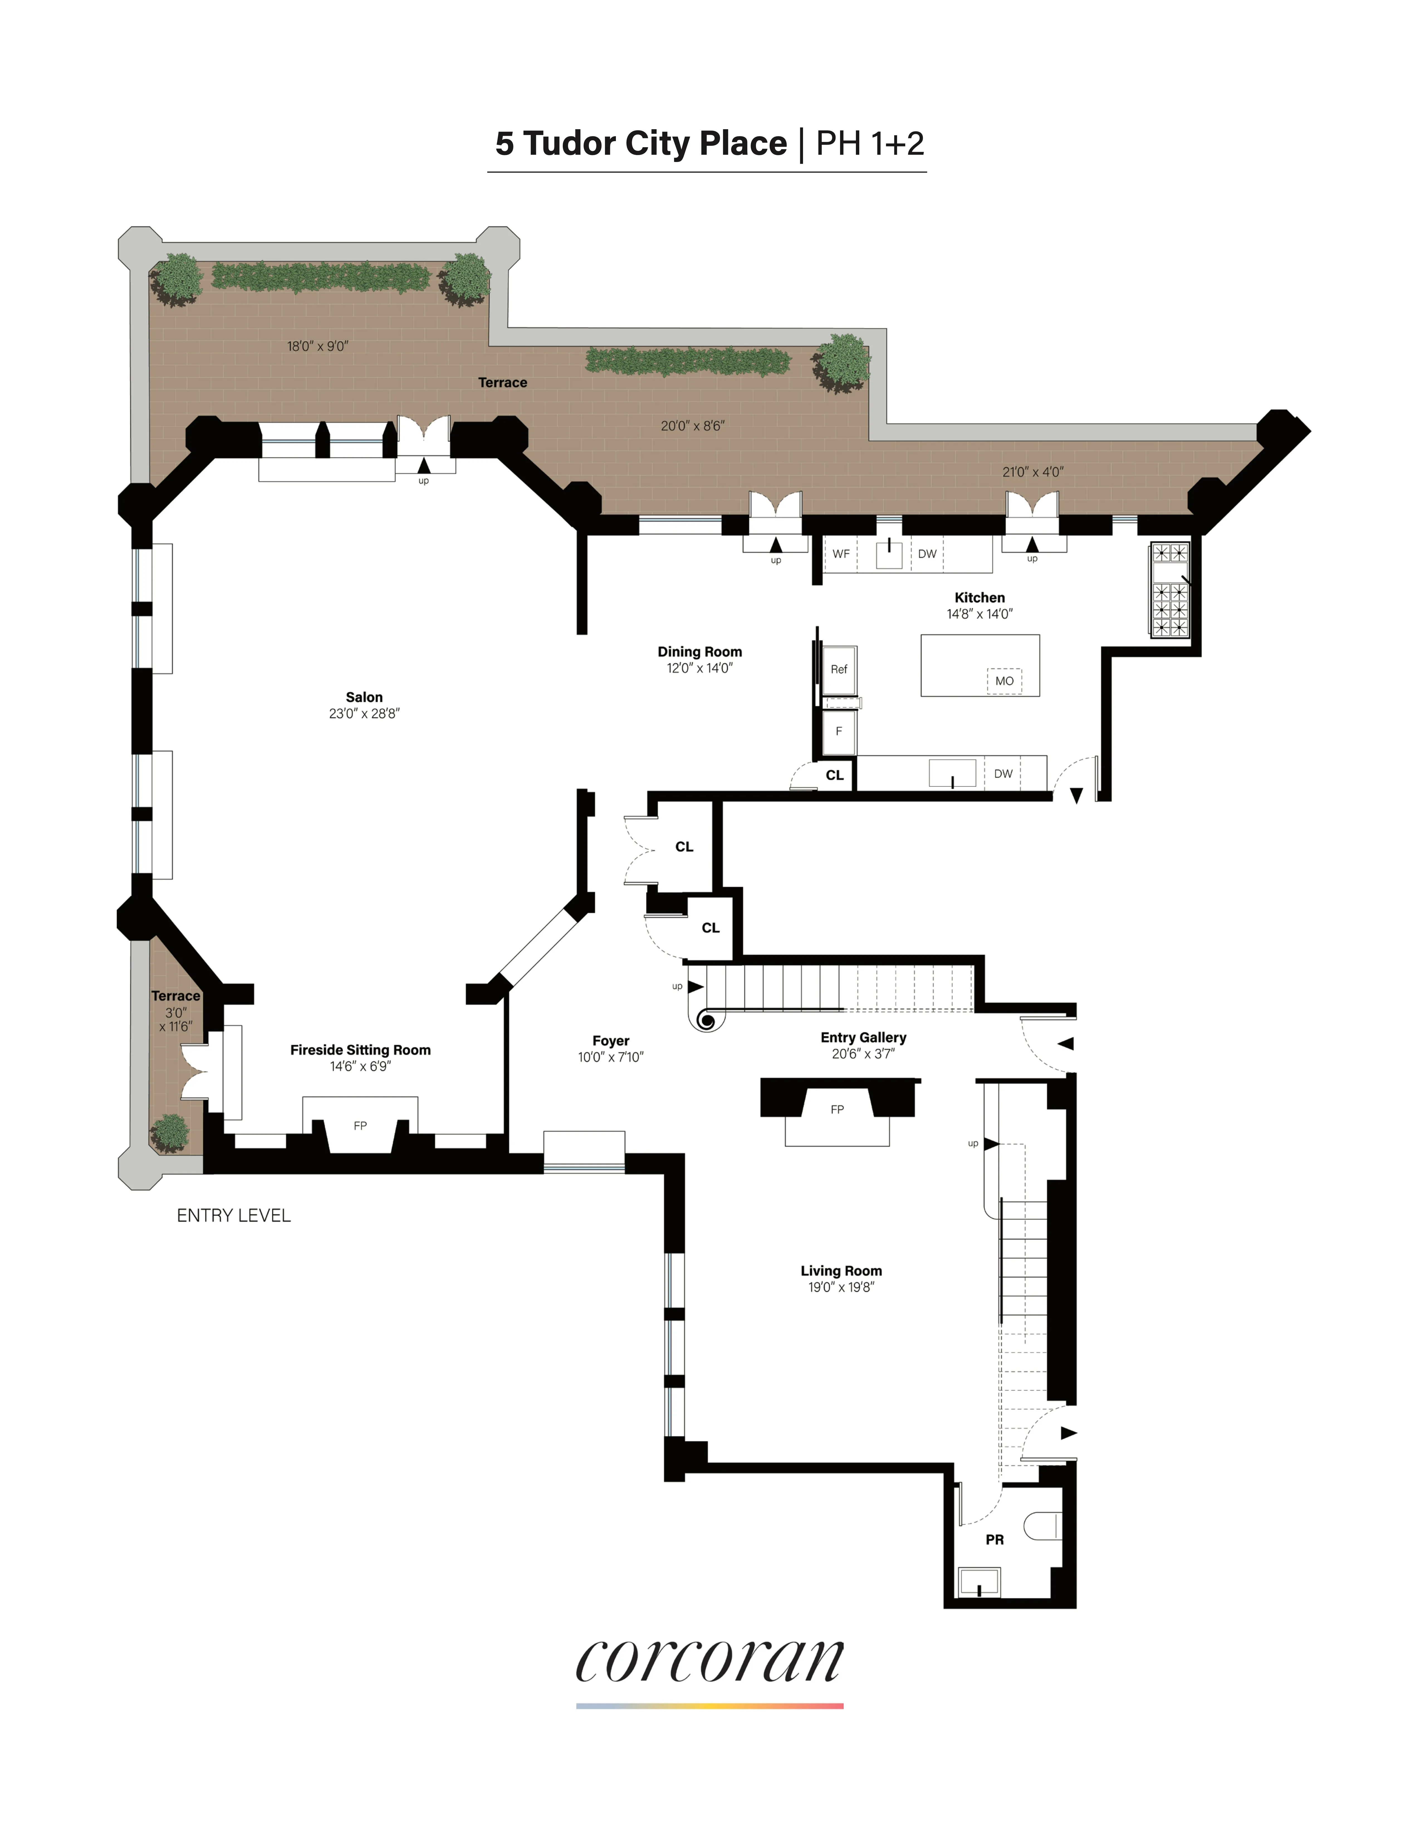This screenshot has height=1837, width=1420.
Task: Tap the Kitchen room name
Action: tap(979, 598)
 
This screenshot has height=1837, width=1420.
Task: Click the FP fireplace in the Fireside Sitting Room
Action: tap(360, 1125)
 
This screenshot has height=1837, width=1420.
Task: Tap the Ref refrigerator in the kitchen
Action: tap(839, 669)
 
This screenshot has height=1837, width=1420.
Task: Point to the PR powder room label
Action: tap(994, 1539)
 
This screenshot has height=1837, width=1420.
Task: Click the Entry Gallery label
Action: tap(863, 1038)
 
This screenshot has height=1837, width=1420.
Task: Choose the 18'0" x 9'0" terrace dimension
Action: tap(317, 346)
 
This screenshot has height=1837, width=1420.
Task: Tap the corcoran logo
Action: tap(709, 1661)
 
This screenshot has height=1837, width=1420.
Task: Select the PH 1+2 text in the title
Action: tap(870, 144)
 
